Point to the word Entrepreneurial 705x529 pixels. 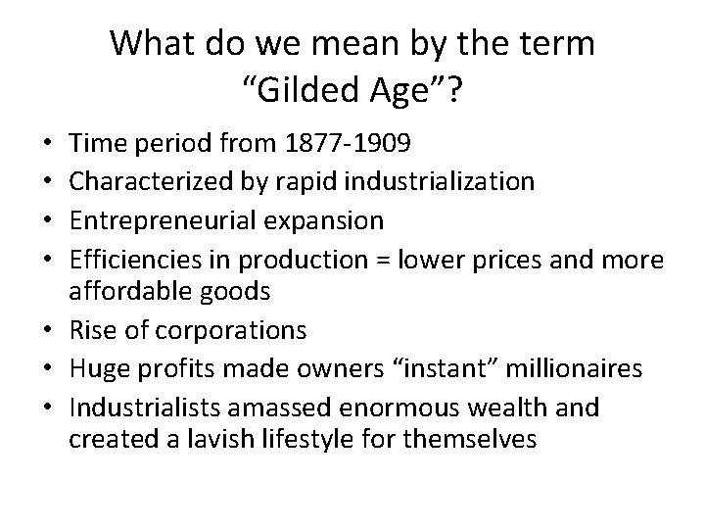pos(152,219)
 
